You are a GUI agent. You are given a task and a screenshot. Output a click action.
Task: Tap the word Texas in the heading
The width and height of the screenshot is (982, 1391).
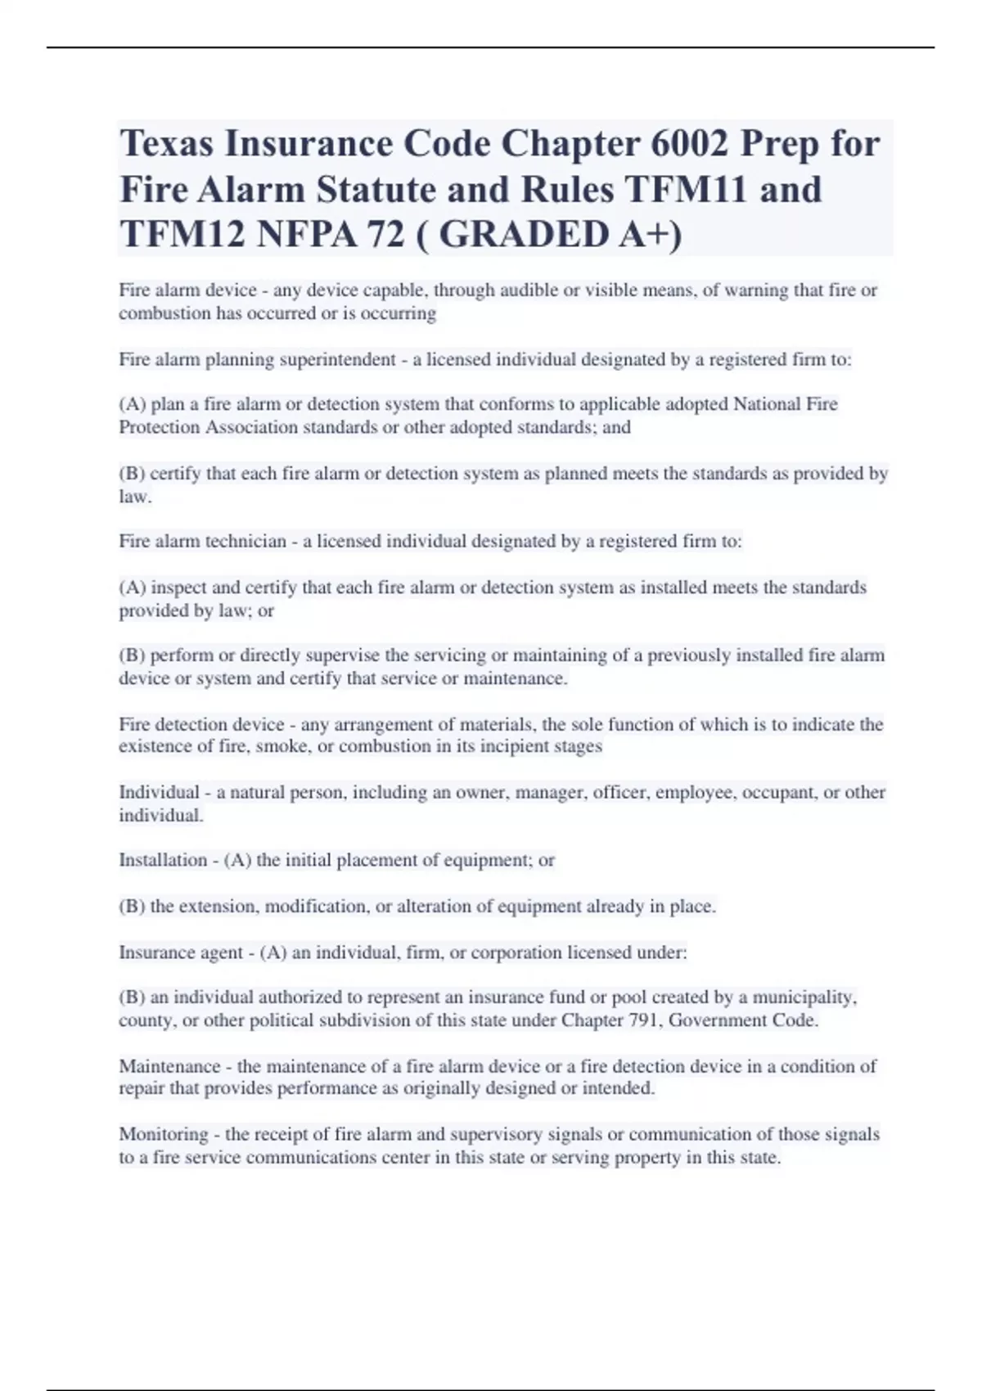pyautogui.click(x=166, y=144)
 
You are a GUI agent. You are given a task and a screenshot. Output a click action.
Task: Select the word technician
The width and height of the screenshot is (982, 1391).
pyautogui.click(x=245, y=542)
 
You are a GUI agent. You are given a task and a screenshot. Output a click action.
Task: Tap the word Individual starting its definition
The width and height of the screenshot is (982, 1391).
pyautogui.click(x=159, y=792)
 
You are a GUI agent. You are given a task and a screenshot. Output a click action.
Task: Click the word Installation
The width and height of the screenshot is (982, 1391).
pyautogui.click(x=163, y=860)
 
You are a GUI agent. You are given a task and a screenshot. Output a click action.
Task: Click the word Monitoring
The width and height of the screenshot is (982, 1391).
pyautogui.click(x=163, y=1134)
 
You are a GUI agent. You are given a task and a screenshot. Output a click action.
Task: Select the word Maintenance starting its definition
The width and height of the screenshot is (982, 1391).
pyautogui.click(x=169, y=1066)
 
